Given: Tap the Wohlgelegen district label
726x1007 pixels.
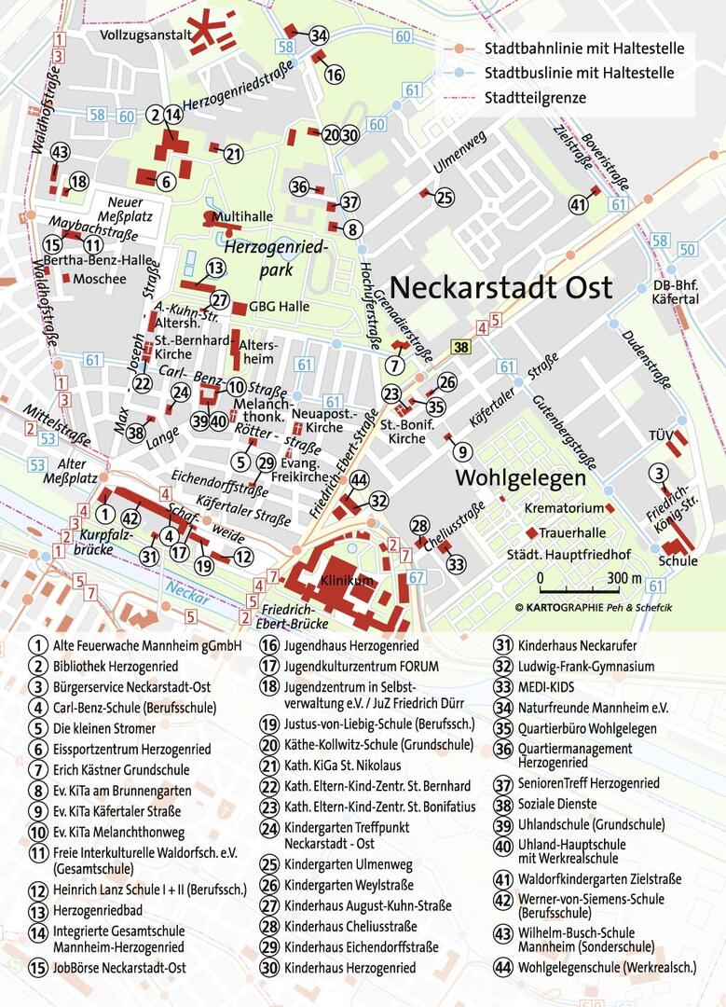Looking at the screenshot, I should click(x=519, y=477).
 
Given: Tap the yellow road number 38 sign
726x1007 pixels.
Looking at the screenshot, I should click(x=461, y=347).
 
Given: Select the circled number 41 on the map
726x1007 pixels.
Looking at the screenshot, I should click(x=579, y=204).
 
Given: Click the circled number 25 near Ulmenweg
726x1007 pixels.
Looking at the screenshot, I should click(x=445, y=198).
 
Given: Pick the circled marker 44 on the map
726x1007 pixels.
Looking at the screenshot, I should click(x=359, y=479).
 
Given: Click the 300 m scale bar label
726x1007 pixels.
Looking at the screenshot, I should click(x=623, y=577).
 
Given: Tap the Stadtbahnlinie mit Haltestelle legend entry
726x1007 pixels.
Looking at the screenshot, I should click(x=583, y=48).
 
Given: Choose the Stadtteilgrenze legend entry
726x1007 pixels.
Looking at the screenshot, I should click(x=535, y=96).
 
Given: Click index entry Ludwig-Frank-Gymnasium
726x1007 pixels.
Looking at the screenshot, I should click(x=586, y=667).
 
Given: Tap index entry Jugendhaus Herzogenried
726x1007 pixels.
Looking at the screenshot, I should click(x=351, y=645).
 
